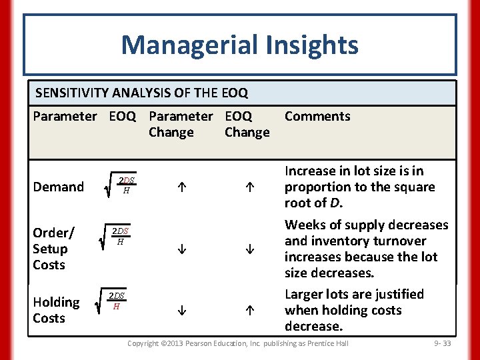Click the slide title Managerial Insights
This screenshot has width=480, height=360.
[x=239, y=45]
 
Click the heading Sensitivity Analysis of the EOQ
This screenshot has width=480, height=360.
[x=141, y=93]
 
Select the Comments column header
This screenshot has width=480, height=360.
[x=317, y=116]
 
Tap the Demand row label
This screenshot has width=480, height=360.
[x=59, y=187]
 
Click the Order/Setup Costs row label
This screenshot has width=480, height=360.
[x=53, y=249]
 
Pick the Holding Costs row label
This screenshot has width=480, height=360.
[x=56, y=310]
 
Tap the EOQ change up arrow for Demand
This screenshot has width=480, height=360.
[x=247, y=189]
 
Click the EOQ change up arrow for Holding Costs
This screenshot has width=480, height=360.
[x=247, y=311]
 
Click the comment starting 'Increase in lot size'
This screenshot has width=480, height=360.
[x=359, y=187]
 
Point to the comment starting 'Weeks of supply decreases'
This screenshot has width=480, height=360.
[x=366, y=249]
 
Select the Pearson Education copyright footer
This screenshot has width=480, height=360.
[x=237, y=343]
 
